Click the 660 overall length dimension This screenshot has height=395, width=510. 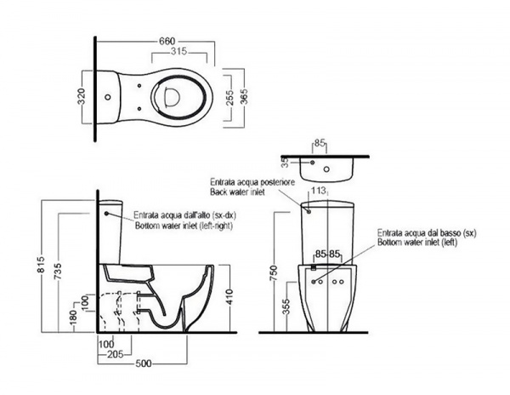[167, 42]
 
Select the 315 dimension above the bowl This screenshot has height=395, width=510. [178, 51]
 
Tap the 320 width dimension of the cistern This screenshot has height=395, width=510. [82, 96]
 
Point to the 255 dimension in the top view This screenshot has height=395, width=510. [230, 97]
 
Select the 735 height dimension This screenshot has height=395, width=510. [58, 271]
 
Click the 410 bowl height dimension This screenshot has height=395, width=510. [229, 296]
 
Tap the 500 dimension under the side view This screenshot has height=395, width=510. [143, 364]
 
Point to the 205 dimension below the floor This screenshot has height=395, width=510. [116, 354]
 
